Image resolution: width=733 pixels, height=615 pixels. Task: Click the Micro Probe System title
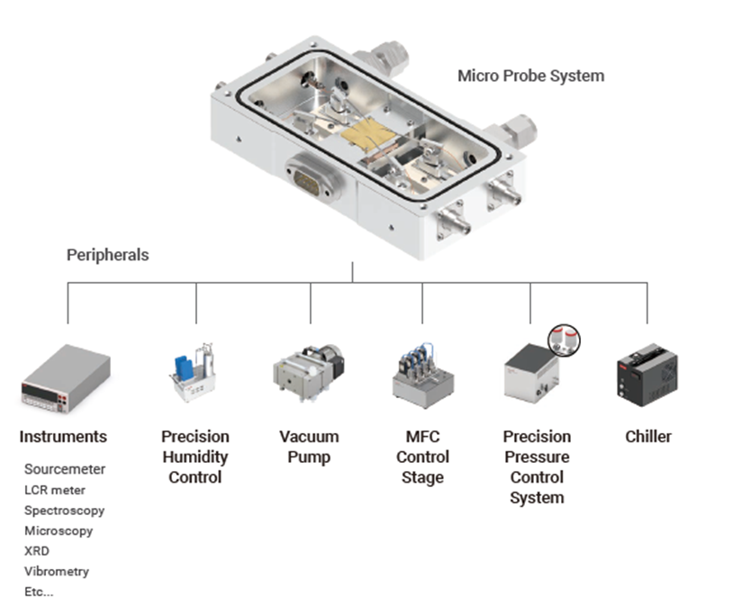point(530,76)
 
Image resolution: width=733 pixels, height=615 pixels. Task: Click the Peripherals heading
point(107,255)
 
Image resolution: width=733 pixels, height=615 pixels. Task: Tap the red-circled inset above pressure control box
point(565,341)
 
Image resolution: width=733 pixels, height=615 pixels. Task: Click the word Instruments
point(63,437)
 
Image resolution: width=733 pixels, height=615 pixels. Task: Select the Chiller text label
point(647,437)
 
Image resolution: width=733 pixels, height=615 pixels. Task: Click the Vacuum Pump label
point(309,447)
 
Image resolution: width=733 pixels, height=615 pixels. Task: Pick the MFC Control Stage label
point(421,457)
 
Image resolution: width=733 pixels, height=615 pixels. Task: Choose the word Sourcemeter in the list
point(65,469)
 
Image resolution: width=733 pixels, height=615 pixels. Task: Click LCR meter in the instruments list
point(55,490)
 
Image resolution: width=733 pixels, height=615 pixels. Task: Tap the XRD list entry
point(37,551)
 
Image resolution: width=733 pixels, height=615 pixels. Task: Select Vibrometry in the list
point(56,571)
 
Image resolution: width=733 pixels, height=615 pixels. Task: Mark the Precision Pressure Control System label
point(537,466)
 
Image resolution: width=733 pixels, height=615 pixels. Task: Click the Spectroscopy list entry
point(64,511)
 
